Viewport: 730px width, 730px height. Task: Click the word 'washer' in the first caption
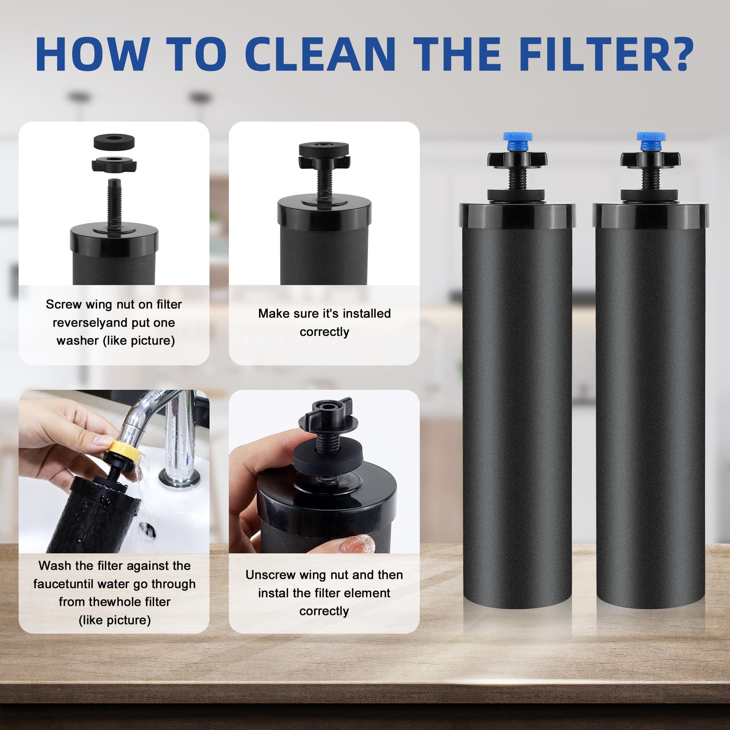tap(77, 341)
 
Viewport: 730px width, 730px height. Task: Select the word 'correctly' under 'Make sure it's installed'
tap(324, 332)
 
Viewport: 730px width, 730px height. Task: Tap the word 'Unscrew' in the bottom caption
tap(270, 575)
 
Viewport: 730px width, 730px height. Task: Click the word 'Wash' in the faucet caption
tap(55, 566)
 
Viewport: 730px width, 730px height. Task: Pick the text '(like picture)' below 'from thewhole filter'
tap(115, 620)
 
